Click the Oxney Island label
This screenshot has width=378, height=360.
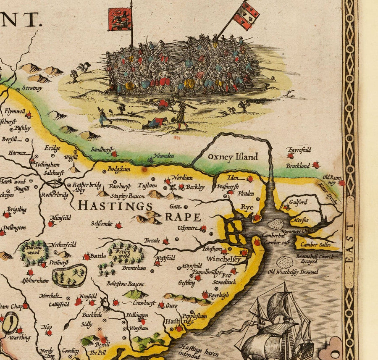coord(232,157)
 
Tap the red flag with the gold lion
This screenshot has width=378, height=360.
coord(120,19)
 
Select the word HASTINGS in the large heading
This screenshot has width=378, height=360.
coord(115,206)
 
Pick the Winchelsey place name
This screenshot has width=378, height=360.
coord(223,259)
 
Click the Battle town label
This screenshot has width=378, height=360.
coord(98,255)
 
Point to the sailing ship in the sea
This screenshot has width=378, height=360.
coord(277,328)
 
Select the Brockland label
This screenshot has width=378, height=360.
coord(297,166)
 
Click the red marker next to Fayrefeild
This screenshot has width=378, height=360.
coord(290,156)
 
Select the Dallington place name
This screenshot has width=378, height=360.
coord(14,227)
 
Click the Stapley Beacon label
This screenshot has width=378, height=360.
coord(128,196)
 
